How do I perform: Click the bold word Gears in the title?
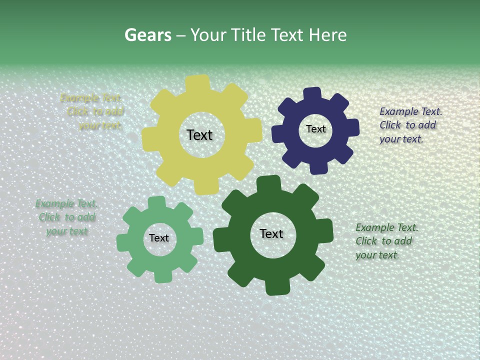click(x=147, y=35)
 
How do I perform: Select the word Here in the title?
click(x=327, y=35)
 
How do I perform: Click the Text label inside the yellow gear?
click(x=199, y=135)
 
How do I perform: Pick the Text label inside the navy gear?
click(x=315, y=129)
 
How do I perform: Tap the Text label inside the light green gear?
click(x=159, y=238)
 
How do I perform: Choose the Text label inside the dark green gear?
click(x=271, y=233)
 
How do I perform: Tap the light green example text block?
click(x=66, y=217)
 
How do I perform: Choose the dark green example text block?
click(x=386, y=241)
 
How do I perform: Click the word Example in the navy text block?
click(x=398, y=111)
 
